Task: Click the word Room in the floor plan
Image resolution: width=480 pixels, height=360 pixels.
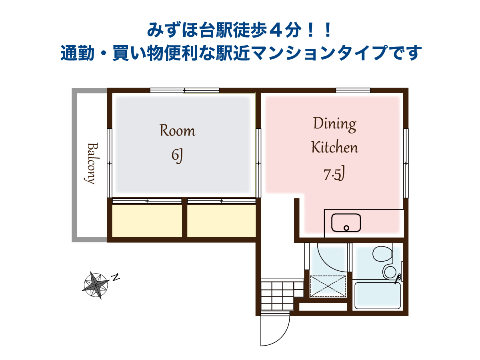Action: [x=177, y=130]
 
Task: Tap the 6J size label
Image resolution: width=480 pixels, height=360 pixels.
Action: [x=177, y=156]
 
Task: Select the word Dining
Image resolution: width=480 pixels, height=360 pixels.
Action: [x=334, y=124]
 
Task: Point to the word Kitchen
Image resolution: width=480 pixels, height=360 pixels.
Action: [x=334, y=147]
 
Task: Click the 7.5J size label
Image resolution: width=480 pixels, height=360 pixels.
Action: [x=334, y=174]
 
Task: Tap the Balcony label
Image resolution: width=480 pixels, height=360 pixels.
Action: [x=92, y=164]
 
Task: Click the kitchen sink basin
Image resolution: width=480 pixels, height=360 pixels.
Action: [x=346, y=222]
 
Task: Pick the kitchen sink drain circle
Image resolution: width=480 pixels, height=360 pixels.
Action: [x=346, y=228]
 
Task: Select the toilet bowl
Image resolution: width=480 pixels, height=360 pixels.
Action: [x=383, y=254]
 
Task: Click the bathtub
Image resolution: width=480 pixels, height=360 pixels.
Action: [x=378, y=296]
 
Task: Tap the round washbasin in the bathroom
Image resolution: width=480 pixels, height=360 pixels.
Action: [x=390, y=272]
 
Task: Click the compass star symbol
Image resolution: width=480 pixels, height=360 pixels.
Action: [x=96, y=285]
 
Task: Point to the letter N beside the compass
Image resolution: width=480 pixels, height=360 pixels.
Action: [x=115, y=277]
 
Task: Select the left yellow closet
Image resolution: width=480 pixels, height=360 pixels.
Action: [x=147, y=221]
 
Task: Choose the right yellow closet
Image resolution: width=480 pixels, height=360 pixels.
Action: [x=222, y=221]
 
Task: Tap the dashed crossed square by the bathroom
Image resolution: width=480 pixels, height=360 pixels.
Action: [x=328, y=286]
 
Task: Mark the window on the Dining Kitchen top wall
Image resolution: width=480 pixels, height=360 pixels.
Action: [x=353, y=90]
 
